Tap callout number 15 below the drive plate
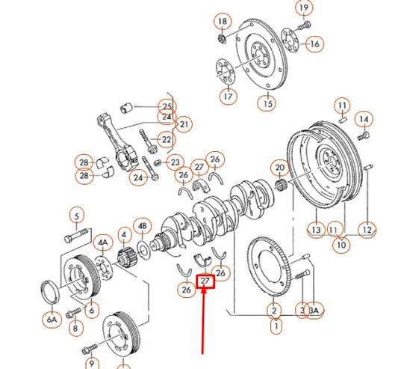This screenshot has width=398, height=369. click(x=267, y=103)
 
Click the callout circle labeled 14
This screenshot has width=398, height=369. click(x=364, y=119)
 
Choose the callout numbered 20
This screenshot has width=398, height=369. click(x=280, y=168)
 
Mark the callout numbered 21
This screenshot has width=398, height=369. click(x=184, y=123)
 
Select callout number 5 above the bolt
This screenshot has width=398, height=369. click(x=75, y=217)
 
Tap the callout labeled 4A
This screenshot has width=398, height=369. click(x=102, y=243)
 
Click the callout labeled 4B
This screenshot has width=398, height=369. click(x=142, y=225)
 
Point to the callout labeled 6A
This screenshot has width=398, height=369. click(x=52, y=320)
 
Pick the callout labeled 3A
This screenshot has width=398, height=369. click(x=314, y=310)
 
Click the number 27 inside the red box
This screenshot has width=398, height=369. click(x=205, y=282)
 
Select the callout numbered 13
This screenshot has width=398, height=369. click(x=316, y=230)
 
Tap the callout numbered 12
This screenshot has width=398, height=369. click(x=366, y=229)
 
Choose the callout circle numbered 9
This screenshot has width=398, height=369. click(x=92, y=364)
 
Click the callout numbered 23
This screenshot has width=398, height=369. click(x=175, y=162)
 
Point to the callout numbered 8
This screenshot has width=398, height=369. click(x=75, y=327)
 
